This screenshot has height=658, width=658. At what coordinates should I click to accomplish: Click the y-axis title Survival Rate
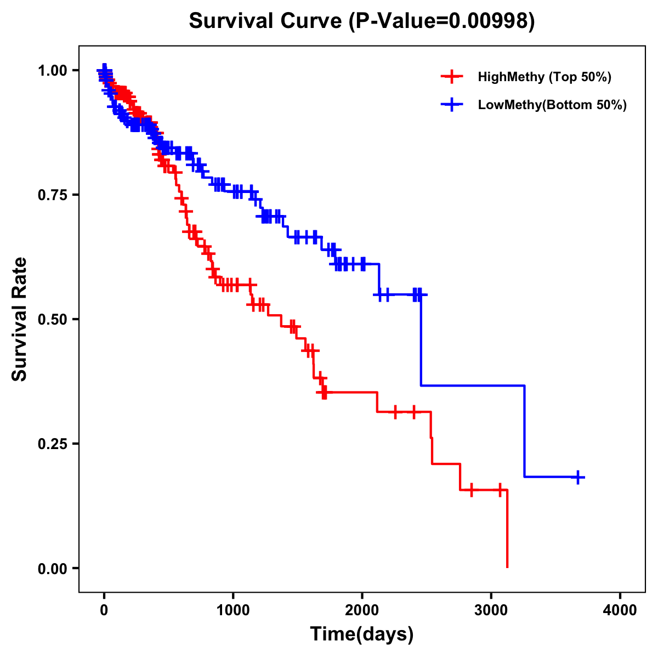click(x=20, y=319)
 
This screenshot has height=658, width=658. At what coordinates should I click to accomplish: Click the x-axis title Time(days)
click(x=362, y=634)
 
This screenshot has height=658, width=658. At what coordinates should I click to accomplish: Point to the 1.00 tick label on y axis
click(x=52, y=70)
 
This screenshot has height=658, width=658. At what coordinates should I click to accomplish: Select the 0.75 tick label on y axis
click(x=52, y=195)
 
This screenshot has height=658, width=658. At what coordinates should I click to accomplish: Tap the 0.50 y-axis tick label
click(x=52, y=319)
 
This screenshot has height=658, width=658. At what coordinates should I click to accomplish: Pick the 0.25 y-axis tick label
click(x=52, y=444)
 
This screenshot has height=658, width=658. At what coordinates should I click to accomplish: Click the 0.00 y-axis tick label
click(x=52, y=568)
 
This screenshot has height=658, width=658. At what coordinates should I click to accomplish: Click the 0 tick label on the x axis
click(x=104, y=610)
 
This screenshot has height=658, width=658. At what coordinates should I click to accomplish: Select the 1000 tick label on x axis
click(x=233, y=610)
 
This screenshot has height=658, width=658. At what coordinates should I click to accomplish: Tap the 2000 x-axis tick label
click(x=362, y=610)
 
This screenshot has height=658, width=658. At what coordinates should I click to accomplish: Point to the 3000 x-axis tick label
click(x=491, y=610)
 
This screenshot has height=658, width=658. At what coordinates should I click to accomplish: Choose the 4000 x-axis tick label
click(x=620, y=610)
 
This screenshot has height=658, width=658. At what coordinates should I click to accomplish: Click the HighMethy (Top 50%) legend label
click(x=544, y=77)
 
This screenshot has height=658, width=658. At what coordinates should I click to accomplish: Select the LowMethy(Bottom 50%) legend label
click(x=552, y=105)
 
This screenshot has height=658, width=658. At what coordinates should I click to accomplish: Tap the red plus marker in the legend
click(x=451, y=77)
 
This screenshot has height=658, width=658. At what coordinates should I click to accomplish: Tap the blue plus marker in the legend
click(x=451, y=105)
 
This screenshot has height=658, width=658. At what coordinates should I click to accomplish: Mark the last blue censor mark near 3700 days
click(x=577, y=477)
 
